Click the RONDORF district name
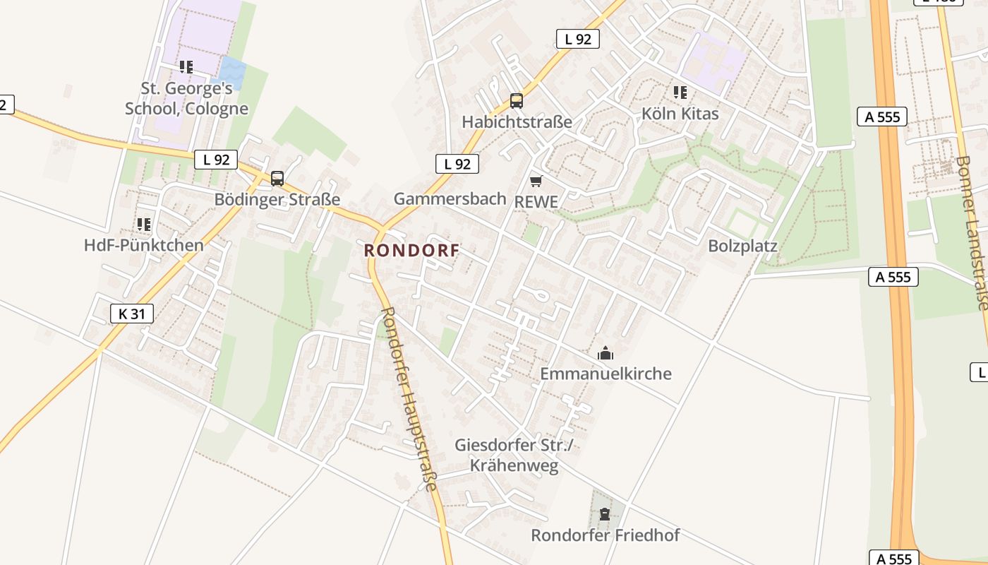click(412, 250)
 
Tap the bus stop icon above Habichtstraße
click(517, 101)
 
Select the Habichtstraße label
click(517, 121)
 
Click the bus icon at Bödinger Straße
click(277, 179)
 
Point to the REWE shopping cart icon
click(536, 182)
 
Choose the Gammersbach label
click(450, 199)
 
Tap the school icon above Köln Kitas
click(680, 93)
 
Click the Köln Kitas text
click(680, 114)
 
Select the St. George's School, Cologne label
click(187, 98)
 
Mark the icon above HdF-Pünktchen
click(144, 225)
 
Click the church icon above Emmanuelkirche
click(606, 352)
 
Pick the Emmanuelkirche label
click(606, 374)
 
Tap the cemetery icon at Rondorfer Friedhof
click(605, 514)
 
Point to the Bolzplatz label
click(742, 246)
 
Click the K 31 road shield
click(132, 313)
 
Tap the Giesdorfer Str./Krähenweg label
click(514, 456)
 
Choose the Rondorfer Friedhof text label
click(606, 535)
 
